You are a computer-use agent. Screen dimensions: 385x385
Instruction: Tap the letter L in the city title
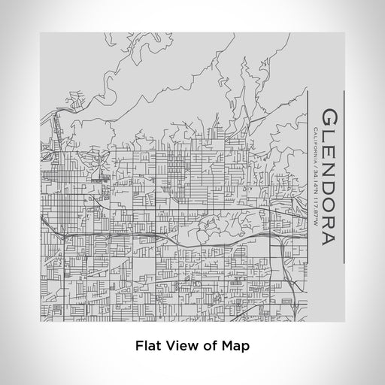click(329, 137)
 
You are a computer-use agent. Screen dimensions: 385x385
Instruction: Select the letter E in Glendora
click(329, 153)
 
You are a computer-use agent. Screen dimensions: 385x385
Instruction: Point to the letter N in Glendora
click(329, 171)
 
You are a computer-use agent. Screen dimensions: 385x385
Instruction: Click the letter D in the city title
click(329, 189)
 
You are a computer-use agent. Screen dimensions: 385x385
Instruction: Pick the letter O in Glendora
click(329, 207)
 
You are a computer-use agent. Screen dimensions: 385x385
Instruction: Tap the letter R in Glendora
click(329, 223)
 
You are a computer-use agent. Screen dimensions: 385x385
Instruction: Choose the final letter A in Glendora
click(329, 240)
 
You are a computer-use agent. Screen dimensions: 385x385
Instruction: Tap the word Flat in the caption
click(146, 346)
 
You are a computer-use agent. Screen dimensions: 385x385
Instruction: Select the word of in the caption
click(204, 346)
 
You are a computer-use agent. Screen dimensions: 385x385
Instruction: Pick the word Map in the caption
click(229, 346)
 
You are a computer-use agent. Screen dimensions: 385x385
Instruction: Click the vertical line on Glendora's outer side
click(344, 177)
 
